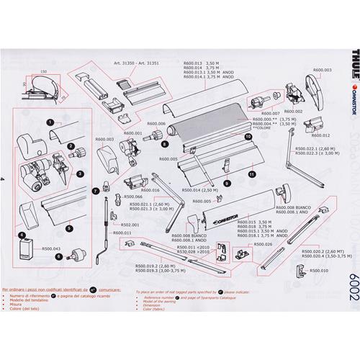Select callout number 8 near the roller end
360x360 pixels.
click(153, 145)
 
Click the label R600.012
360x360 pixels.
click(321, 135)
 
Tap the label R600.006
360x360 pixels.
click(157, 124)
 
